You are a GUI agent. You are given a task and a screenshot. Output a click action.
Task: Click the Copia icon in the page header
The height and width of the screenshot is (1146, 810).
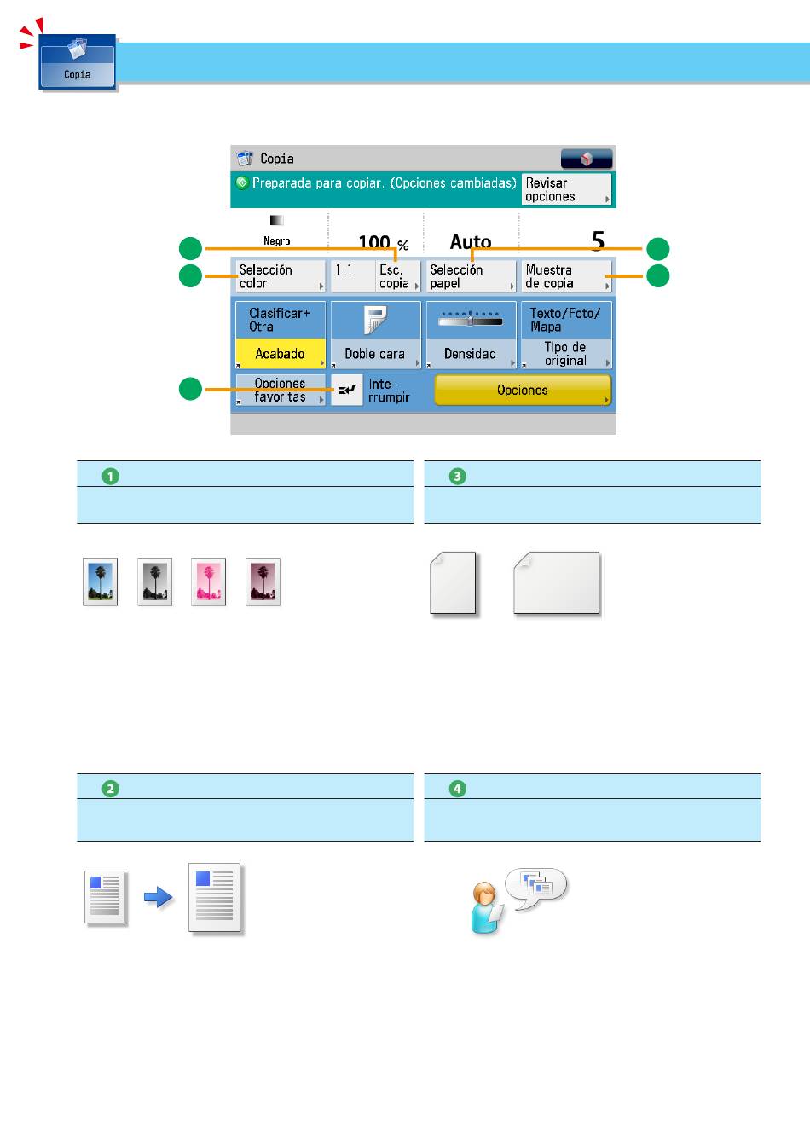click(78, 62)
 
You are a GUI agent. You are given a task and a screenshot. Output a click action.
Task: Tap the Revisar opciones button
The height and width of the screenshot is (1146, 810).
click(566, 189)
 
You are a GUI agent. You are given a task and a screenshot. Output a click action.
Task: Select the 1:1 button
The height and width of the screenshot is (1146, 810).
click(352, 276)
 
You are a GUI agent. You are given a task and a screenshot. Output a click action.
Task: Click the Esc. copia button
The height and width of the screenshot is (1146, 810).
click(398, 276)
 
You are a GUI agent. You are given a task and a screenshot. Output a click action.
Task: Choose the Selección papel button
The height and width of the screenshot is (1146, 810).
click(471, 276)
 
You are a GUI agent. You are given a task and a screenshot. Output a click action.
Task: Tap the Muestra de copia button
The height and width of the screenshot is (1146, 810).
click(566, 276)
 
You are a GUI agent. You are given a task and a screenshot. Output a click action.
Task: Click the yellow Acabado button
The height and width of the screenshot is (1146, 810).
click(281, 353)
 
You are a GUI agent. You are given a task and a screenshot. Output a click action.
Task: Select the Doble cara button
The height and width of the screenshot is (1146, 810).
click(375, 335)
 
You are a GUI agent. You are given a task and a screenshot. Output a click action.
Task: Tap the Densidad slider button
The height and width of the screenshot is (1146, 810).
click(471, 335)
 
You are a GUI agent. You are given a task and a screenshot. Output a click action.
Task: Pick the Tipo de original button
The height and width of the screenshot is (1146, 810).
click(566, 335)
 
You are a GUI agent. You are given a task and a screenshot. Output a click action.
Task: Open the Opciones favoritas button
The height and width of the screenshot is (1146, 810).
click(281, 390)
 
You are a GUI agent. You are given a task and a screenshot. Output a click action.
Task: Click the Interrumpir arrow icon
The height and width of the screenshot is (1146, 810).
click(347, 390)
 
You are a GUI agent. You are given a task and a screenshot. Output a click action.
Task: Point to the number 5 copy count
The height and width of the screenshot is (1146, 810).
click(598, 240)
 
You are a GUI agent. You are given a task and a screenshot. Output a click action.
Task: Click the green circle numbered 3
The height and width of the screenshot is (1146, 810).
click(458, 477)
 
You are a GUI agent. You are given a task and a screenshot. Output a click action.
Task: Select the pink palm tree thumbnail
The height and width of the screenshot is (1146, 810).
click(208, 582)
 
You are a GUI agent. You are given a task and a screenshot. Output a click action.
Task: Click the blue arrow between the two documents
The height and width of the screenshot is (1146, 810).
click(158, 897)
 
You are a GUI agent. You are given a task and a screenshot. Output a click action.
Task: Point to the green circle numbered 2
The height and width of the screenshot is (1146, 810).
click(111, 789)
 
